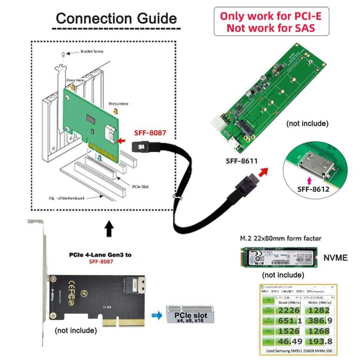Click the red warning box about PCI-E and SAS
tap(271, 22)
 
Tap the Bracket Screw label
tap(92, 52)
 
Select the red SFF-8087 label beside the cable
tap(150, 133)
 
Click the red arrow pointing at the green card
tap(121, 141)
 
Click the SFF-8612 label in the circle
tap(313, 189)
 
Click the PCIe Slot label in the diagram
tap(140, 186)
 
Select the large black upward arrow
tap(109, 230)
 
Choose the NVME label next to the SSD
tap(335, 257)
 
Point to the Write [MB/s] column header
tap(318, 302)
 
